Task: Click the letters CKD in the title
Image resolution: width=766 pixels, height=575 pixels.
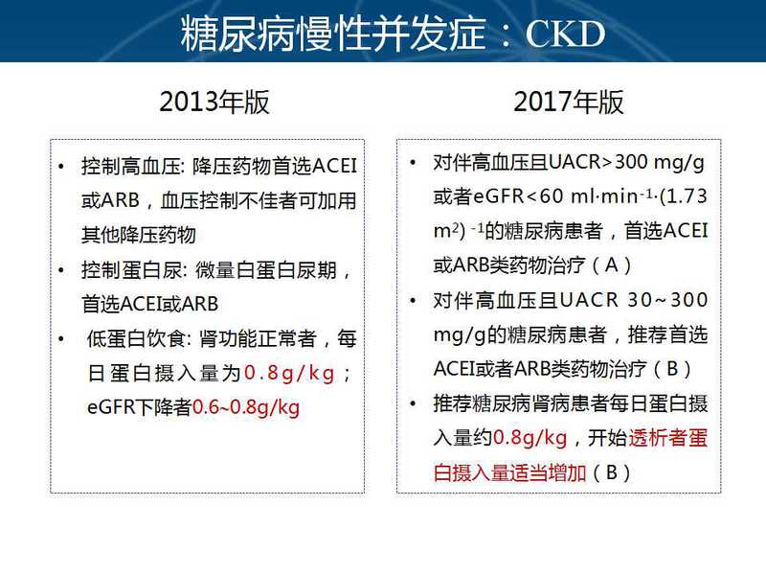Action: coord(565,34)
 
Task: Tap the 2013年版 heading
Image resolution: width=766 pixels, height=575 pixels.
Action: coord(214,103)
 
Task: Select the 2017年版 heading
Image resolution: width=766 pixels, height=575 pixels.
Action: coord(569,103)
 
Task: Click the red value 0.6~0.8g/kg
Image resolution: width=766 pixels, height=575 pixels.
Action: coord(246,407)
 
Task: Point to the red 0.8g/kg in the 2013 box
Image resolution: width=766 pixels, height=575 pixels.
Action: coord(289,373)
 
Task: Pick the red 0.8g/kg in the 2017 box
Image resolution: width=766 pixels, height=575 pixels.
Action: coord(530,438)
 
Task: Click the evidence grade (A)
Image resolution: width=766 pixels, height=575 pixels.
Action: coord(612,265)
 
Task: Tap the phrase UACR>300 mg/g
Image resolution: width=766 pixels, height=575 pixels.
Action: coord(627,162)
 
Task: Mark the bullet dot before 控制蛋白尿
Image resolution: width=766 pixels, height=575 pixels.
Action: coord(61,270)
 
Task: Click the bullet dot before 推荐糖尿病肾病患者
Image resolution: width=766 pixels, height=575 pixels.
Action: coord(414,403)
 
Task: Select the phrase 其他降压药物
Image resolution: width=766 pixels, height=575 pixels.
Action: coord(139,235)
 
